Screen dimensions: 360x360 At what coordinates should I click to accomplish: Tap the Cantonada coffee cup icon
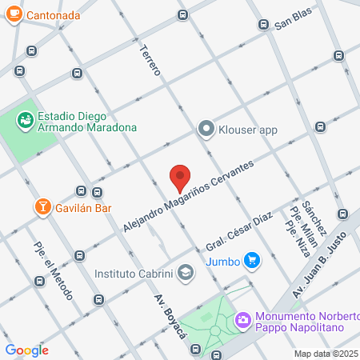[14, 15]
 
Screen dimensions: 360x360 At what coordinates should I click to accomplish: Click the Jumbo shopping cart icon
[252, 260]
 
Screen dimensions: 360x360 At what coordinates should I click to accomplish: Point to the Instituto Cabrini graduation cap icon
[186, 273]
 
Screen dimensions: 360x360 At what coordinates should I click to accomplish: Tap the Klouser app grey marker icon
[206, 128]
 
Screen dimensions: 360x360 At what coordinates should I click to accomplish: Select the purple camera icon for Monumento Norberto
[242, 320]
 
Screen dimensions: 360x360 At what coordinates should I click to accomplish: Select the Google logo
[27, 350]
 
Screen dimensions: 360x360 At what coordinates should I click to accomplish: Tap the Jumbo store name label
[222, 261]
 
